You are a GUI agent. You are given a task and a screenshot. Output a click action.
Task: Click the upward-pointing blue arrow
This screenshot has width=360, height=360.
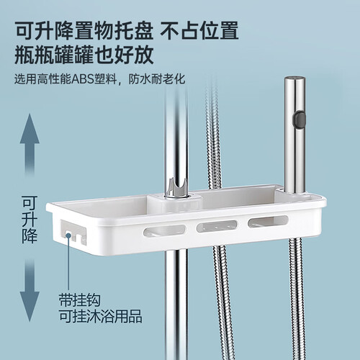(x=30, y=144)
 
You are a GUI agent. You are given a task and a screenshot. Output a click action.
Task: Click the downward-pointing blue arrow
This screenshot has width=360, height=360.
(x=30, y=290)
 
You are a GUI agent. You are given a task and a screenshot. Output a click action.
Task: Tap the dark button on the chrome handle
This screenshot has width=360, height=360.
(x=301, y=119)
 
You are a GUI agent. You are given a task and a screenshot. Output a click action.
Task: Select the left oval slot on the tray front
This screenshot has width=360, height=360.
(x=164, y=230)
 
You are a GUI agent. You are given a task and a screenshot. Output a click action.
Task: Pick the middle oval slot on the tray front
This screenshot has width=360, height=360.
(x=217, y=226)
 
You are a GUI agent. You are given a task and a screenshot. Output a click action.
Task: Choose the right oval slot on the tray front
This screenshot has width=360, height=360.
(x=268, y=222)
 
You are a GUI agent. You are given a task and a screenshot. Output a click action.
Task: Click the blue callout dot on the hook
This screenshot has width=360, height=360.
(x=68, y=235)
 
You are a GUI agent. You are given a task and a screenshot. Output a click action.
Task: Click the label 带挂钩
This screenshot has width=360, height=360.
(x=79, y=300)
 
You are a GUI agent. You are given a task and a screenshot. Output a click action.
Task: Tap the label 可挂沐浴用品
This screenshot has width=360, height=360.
(x=101, y=316)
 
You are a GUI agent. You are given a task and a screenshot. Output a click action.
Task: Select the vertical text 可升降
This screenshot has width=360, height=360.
(x=30, y=220)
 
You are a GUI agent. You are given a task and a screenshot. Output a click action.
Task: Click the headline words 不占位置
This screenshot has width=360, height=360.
(x=199, y=30)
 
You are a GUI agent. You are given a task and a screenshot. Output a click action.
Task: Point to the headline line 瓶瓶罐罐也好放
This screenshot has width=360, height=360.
(x=84, y=55)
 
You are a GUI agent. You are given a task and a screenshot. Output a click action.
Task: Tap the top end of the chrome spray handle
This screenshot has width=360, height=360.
(x=295, y=78)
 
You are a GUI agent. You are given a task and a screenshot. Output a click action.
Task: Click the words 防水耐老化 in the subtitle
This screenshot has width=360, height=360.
(x=157, y=79)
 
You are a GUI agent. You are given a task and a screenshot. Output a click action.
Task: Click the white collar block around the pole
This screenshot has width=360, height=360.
(x=174, y=203)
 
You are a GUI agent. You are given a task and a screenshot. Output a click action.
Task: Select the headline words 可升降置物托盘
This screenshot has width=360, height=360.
(x=84, y=30)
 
